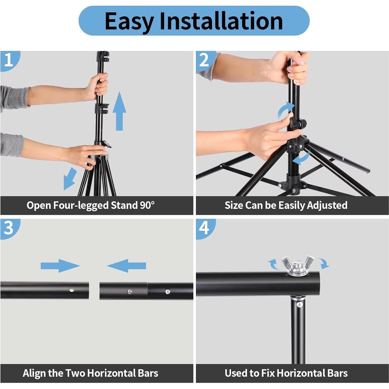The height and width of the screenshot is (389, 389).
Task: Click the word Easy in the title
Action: click(x=129, y=21)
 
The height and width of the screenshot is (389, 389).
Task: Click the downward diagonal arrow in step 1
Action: click(x=70, y=179)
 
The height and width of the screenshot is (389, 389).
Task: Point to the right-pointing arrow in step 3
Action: click(x=60, y=266)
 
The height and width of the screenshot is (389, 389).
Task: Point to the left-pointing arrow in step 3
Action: click(x=127, y=266)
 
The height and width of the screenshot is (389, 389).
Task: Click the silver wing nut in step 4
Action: click(x=297, y=266)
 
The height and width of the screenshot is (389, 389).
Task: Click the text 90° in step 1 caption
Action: click(x=147, y=205)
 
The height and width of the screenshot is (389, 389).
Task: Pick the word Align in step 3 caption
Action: click(x=34, y=373)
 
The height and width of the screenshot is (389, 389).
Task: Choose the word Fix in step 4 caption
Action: click(x=268, y=373)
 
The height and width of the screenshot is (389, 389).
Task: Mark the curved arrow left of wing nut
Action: click(x=273, y=265)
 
